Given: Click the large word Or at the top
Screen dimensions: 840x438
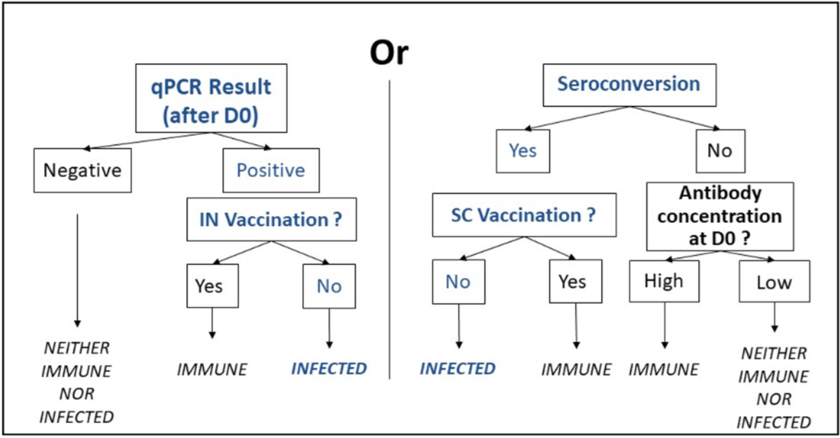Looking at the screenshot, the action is [389, 53].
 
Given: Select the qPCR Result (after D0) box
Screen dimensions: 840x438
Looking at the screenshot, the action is [211, 98].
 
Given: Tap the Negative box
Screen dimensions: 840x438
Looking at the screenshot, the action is [82, 170].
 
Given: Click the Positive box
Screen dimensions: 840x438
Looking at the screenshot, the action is [271, 170].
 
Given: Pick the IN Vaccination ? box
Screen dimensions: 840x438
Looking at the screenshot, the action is [272, 220].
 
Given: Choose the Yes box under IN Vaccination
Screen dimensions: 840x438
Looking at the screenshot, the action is [212, 286].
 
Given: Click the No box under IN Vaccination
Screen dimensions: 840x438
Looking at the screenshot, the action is [329, 286].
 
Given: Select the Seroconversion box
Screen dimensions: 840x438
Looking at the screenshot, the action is [630, 85].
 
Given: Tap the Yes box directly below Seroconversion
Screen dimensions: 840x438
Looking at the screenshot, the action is [523, 151].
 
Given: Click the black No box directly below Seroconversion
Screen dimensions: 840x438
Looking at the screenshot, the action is [720, 151].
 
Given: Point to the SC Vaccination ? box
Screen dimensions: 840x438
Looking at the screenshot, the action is [524, 215].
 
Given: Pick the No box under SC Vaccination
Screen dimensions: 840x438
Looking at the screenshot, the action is [459, 281].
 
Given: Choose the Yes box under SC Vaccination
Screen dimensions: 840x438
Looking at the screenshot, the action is [576, 281].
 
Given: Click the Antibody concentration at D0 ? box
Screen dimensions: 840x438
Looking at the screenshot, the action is [720, 216].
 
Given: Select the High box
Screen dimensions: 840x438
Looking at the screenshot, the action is [664, 281].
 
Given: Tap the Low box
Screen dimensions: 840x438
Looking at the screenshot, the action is [774, 281].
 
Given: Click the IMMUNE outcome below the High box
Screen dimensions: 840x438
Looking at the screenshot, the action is [664, 369].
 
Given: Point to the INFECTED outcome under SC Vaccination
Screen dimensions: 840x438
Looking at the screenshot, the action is [457, 369].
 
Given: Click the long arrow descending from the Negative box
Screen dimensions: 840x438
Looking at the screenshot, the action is [77, 270].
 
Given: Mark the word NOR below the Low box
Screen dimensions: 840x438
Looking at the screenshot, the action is [774, 399].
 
